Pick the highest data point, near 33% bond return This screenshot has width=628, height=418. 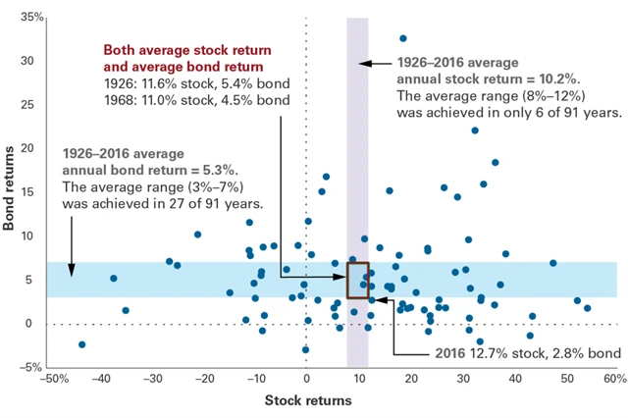click(402, 38)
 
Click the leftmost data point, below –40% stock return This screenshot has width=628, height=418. click(82, 344)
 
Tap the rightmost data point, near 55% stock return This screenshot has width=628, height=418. click(587, 308)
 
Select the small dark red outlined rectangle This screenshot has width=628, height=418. click(357, 281)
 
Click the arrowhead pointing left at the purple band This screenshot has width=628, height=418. click(362, 64)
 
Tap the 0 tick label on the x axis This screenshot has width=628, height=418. click(306, 380)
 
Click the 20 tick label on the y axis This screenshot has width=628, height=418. click(32, 149)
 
